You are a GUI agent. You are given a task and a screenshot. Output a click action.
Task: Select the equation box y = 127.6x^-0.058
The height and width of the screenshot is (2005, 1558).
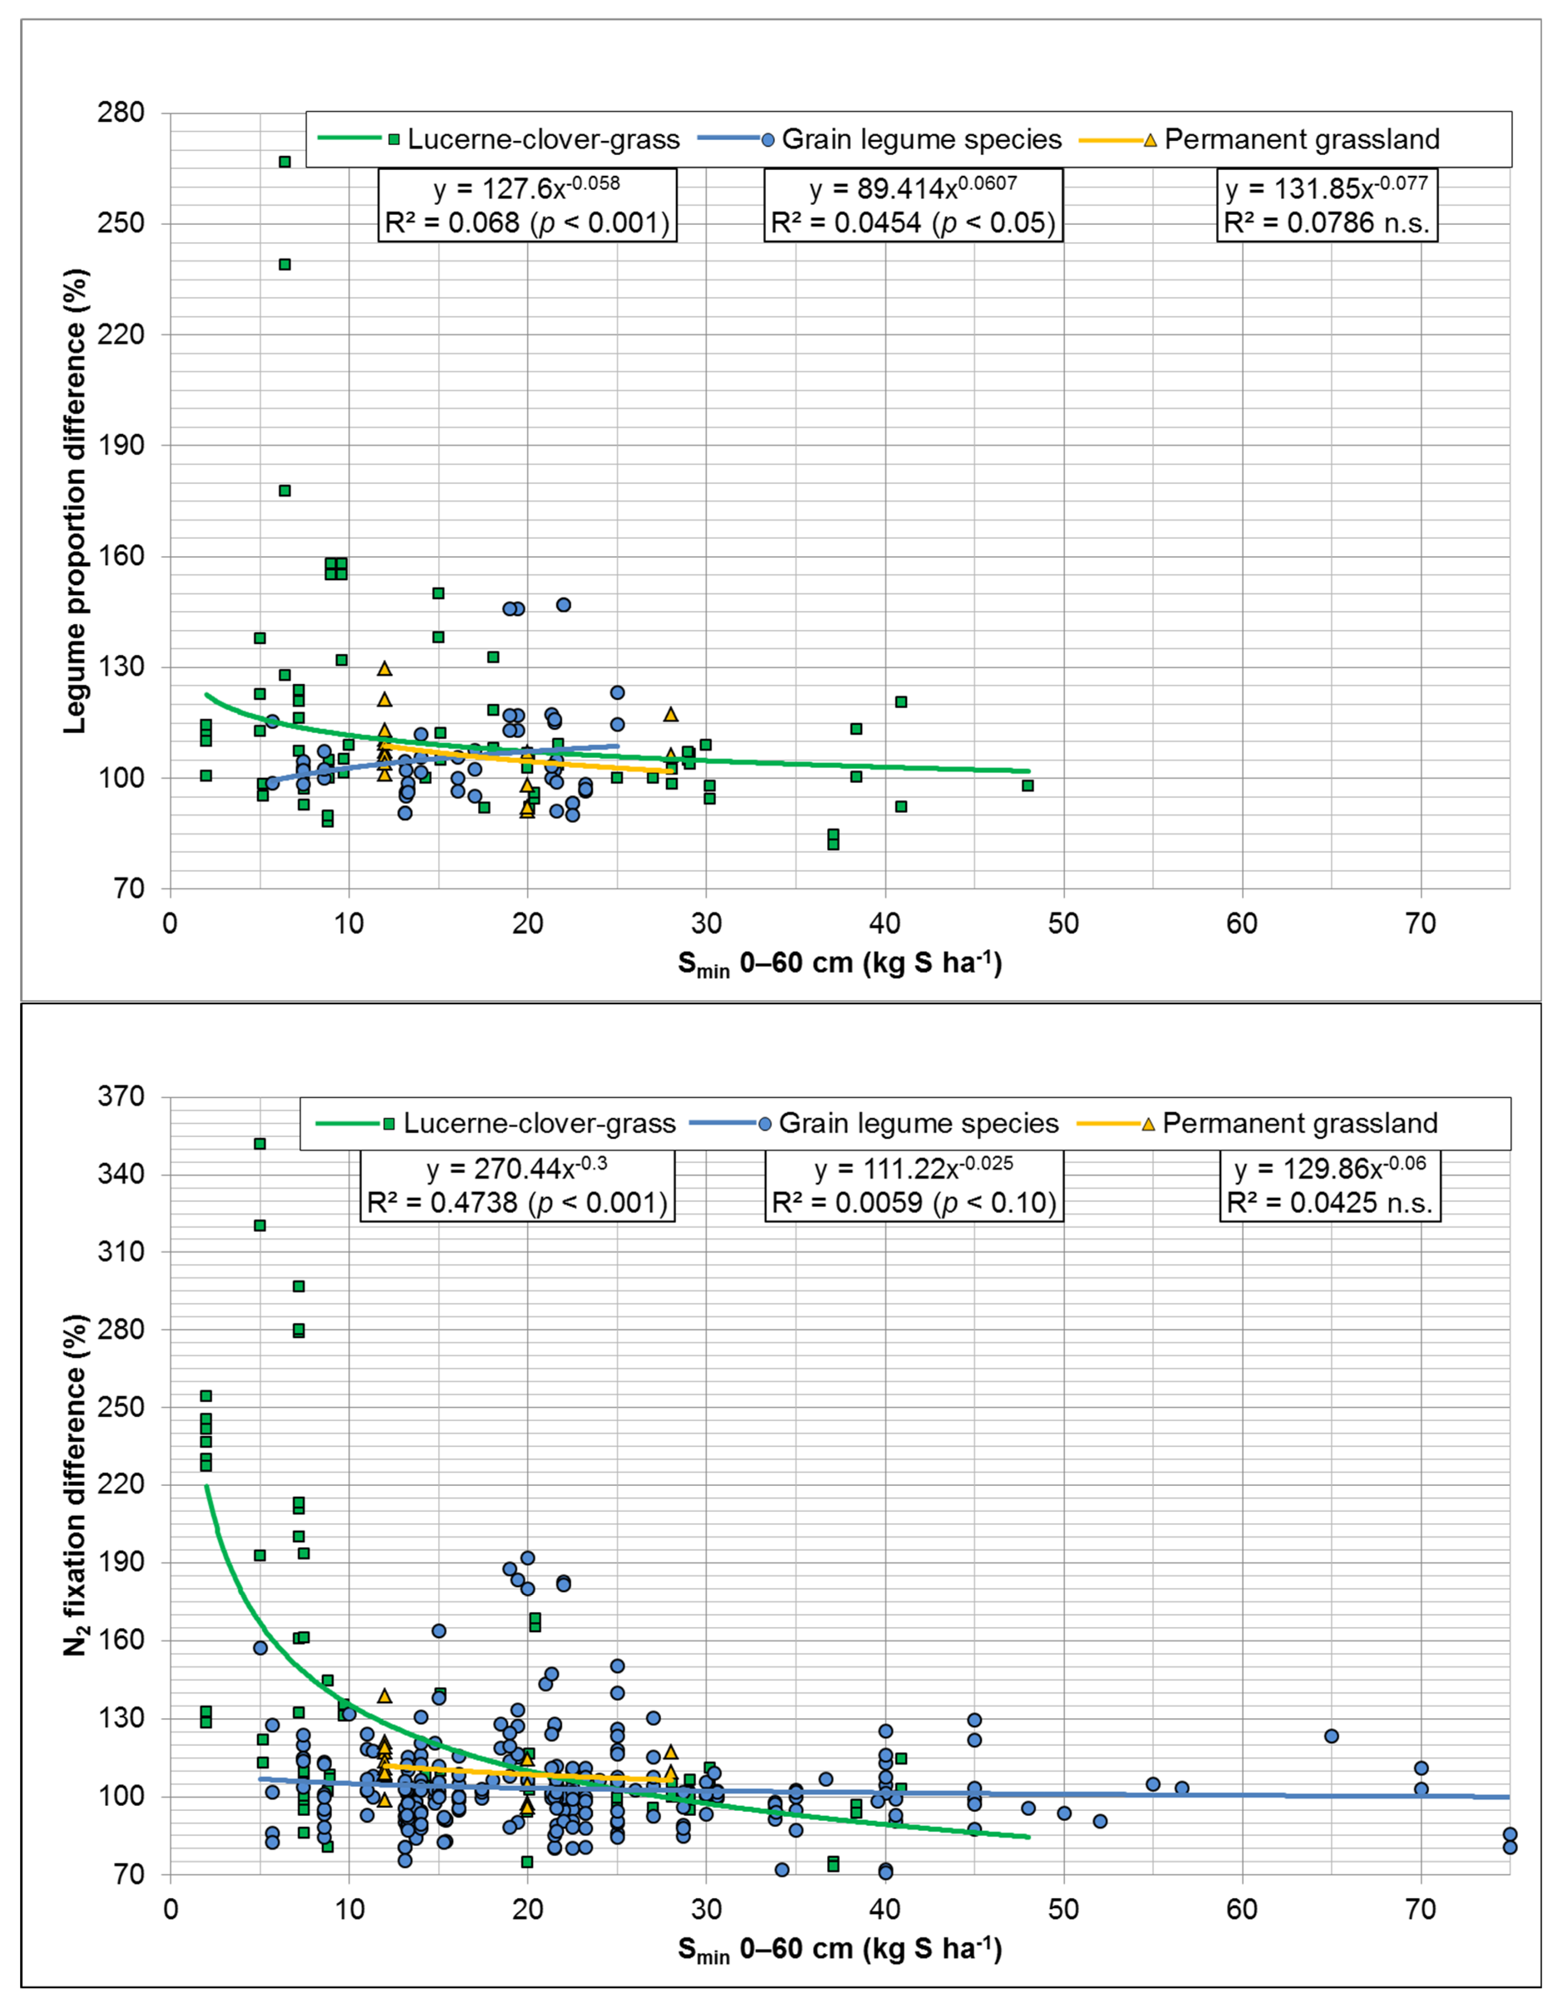[527, 205]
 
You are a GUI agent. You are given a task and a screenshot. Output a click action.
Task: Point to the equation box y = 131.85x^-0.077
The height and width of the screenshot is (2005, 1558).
[1327, 205]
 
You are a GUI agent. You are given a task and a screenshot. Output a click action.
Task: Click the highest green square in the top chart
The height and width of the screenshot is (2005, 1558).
[285, 162]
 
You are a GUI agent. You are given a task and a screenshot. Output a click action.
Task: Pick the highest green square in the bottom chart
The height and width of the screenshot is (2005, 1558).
[260, 1144]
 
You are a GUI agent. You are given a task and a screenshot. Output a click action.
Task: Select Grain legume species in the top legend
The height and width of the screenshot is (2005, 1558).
[921, 140]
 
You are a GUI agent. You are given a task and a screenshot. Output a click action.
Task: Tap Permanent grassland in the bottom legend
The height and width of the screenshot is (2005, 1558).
[1299, 1124]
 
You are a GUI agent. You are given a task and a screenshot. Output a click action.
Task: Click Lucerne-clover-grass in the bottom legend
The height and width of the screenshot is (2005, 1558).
[539, 1124]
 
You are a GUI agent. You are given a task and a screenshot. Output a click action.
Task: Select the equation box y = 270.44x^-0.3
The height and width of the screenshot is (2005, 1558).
[517, 1185]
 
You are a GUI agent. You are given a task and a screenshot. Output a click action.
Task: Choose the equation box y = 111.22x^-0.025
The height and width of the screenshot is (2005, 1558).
[913, 1185]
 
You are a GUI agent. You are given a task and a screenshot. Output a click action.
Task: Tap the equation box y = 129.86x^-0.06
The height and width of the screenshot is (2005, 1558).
[1330, 1185]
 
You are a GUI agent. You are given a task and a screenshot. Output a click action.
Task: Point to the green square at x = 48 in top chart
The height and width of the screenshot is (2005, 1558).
[1027, 786]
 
